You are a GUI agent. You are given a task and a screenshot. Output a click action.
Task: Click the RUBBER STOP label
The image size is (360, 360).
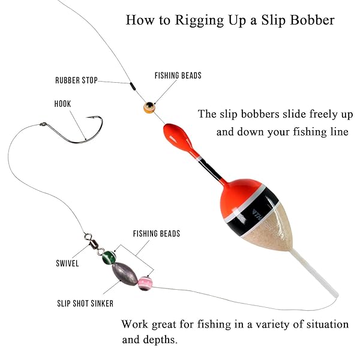76,80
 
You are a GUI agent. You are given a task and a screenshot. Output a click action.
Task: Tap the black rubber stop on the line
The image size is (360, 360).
133,86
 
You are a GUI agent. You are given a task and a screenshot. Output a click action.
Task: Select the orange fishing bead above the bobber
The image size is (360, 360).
149,107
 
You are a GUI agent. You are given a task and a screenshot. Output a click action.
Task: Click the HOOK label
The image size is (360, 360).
62,104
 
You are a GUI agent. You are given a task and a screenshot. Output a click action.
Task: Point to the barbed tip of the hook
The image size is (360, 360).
87,118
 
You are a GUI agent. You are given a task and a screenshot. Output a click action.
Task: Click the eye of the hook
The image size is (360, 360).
43,124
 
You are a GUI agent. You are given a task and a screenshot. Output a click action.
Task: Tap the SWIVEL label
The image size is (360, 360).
67,263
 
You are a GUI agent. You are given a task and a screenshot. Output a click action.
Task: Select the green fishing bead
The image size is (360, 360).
109,257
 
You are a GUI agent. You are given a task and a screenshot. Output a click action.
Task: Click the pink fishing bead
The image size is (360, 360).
145,284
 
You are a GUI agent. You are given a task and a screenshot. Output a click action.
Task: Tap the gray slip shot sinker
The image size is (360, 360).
125,274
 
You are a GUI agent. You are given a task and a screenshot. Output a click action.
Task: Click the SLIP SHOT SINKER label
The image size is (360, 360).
85,304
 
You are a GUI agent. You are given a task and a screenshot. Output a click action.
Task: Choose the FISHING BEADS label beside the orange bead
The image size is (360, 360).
178,76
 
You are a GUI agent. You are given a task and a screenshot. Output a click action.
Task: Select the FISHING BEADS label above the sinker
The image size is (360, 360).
157,233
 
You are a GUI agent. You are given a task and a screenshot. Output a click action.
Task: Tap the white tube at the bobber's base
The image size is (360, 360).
314,274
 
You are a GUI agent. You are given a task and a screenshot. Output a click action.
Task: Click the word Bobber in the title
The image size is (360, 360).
312,20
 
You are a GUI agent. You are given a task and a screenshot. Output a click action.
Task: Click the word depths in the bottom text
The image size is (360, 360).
160,340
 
